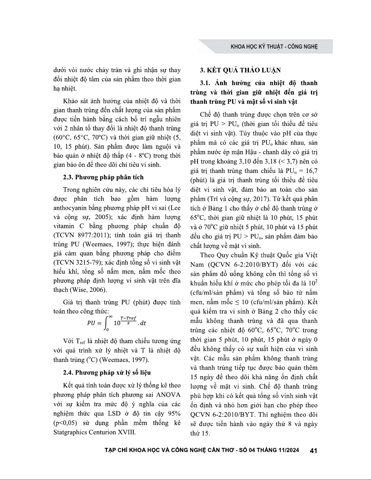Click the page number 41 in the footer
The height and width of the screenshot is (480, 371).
pos(313,451)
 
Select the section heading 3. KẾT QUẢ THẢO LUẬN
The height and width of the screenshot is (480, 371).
pos(240,70)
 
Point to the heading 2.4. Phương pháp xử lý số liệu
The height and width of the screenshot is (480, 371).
pos(107,372)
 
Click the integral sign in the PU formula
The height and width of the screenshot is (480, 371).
pos(106,323)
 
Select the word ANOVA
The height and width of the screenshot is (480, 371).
pos(168,395)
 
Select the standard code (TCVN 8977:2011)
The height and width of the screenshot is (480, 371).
pos(78,235)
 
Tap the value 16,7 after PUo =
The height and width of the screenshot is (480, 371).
pos(310,171)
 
